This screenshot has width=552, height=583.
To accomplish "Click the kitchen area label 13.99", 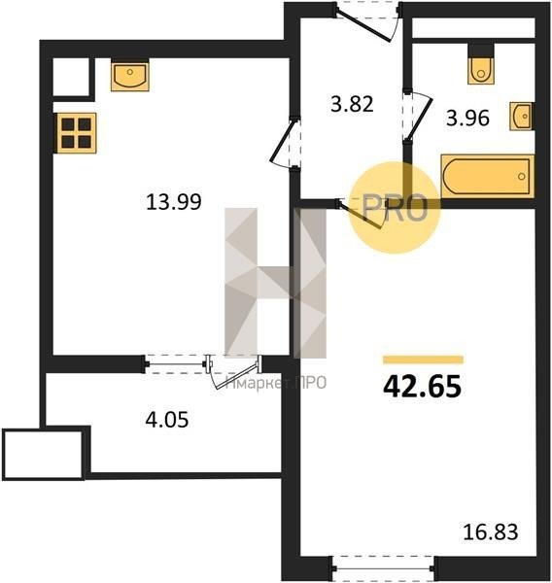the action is click(174, 202).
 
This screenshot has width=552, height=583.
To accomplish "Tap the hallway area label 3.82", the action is click(352, 104).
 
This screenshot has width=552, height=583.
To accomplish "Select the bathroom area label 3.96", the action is click(467, 119).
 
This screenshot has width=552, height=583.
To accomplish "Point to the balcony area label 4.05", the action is click(167, 420).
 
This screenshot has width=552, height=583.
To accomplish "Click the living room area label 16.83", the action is click(491, 532).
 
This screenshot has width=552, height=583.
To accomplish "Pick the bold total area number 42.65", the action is click(422, 387).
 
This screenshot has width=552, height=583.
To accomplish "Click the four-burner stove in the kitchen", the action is click(76, 133).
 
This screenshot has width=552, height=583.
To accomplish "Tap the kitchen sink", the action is click(130, 76).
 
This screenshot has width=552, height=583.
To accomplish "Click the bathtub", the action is click(488, 176).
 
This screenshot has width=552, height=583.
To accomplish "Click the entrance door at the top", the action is click(367, 22).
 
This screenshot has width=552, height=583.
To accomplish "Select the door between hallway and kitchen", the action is click(286, 143).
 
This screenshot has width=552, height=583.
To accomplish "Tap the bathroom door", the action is click(417, 116).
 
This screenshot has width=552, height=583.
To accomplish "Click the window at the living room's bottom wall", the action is click(382, 568).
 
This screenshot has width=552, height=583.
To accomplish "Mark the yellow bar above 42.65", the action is click(424, 360).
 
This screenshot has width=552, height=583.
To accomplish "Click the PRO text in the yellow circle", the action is click(395, 208).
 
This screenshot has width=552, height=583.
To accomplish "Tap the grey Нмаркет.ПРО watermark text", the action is click(276, 383).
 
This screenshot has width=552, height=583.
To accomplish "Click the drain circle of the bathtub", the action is click(522, 177).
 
